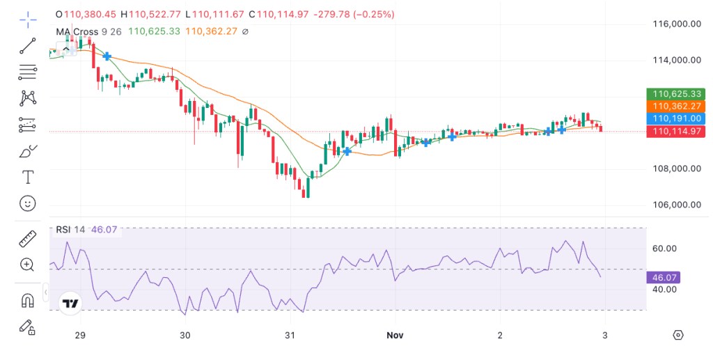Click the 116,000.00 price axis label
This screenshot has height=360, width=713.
point(676,24)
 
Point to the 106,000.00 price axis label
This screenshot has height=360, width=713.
point(676,205)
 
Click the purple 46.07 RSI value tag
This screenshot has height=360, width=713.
point(664,277)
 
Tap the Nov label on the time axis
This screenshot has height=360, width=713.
point(395,335)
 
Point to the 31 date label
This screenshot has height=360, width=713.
point(290,335)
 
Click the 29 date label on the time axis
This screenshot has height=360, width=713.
point(80,335)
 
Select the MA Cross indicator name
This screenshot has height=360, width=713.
point(77,31)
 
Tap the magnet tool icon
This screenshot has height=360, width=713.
point(28,301)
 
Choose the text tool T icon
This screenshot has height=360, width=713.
point(28,178)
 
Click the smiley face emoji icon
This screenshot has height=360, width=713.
point(28,203)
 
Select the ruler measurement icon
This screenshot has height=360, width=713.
point(28,239)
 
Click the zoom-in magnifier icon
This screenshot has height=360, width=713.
point(28,265)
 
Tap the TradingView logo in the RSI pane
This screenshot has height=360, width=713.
point(70,304)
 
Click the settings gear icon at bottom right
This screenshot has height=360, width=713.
point(678,335)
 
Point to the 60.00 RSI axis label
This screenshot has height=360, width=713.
point(664,248)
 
